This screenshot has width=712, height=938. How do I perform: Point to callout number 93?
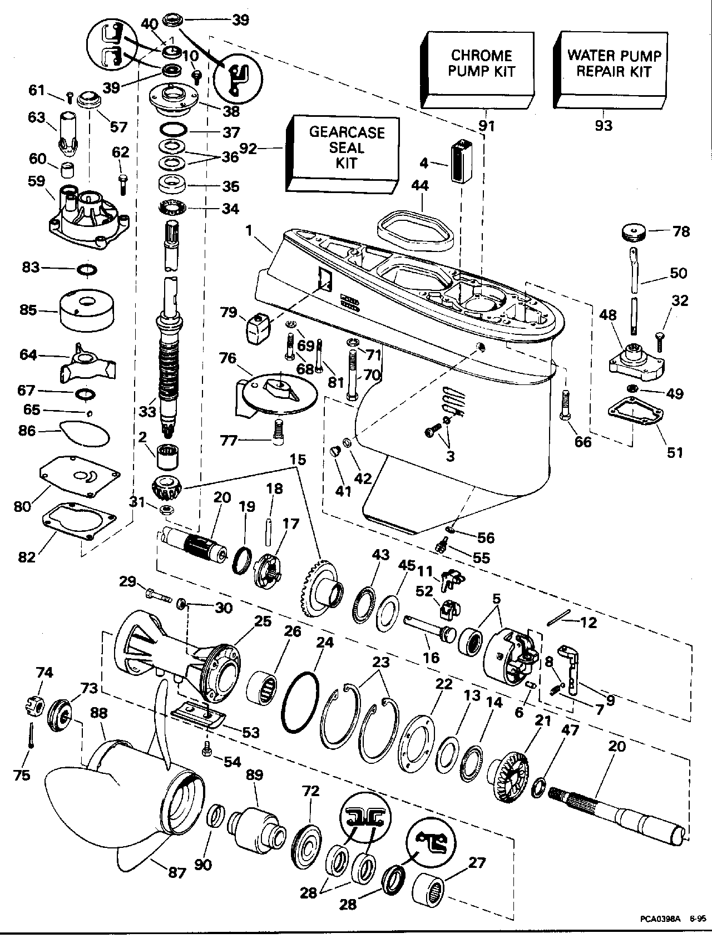click(x=603, y=126)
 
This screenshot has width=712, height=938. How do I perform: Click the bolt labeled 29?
click(x=159, y=595)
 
